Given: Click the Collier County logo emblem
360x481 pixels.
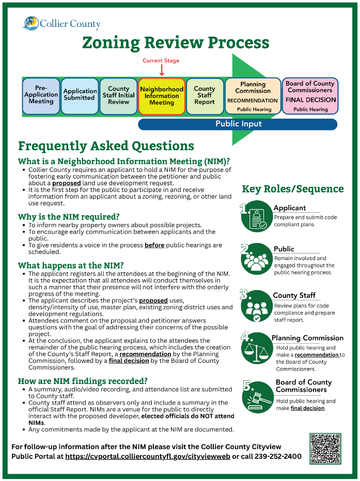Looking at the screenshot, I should pyautogui.click(x=31, y=23).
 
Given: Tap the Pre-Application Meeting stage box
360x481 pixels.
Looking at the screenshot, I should pyautogui.click(x=41, y=95).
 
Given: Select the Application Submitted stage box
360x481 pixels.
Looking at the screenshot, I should pyautogui.click(x=80, y=95).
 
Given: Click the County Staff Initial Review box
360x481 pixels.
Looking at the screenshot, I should pyautogui.click(x=118, y=95).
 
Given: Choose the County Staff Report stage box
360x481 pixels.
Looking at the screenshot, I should pyautogui.click(x=205, y=95).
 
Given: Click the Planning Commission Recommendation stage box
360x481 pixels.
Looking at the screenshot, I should pyautogui.click(x=253, y=95).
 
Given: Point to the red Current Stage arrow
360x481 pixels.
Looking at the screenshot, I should pyautogui.click(x=162, y=70).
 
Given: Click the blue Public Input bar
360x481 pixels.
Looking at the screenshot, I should pyautogui.click(x=238, y=124).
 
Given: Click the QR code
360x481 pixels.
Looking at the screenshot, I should pyautogui.click(x=325, y=448).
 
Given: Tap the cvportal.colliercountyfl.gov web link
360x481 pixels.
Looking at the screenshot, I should pyautogui.click(x=147, y=457).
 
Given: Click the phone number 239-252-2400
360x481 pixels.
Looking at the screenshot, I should pyautogui.click(x=278, y=457).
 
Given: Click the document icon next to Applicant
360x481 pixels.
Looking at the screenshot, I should pyautogui.click(x=257, y=217).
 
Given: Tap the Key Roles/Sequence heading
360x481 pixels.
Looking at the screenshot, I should pyautogui.click(x=292, y=189).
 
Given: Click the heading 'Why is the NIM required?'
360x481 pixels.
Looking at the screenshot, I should pyautogui.click(x=69, y=217).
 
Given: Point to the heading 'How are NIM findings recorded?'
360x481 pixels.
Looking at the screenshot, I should pyautogui.click(x=83, y=381).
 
